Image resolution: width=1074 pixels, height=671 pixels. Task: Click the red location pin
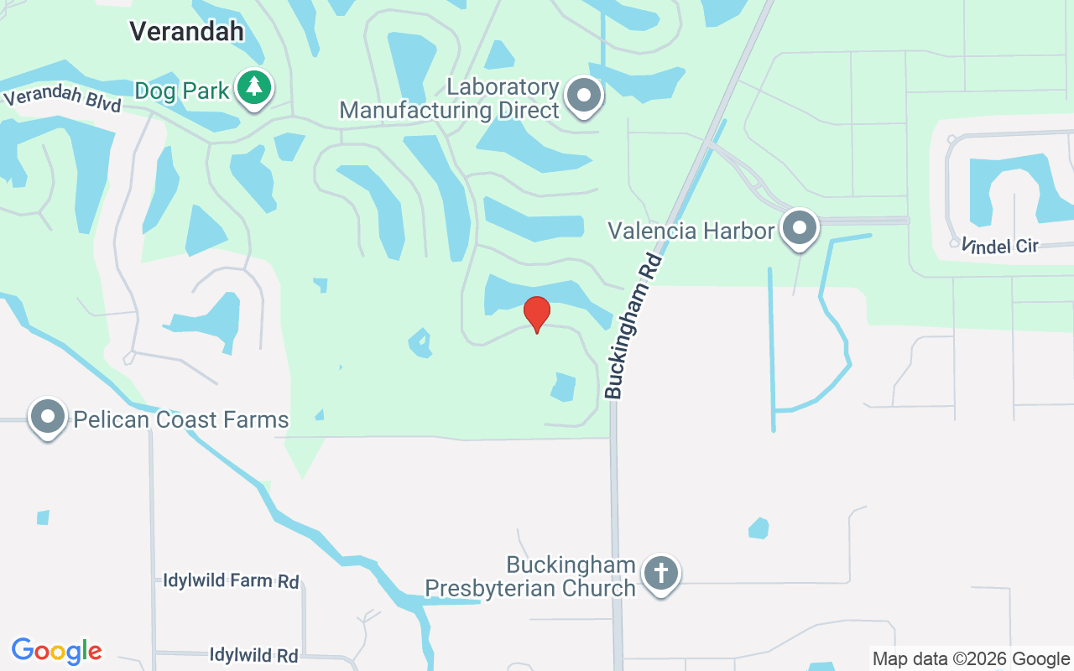537,314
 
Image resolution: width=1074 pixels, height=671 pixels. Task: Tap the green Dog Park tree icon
253,87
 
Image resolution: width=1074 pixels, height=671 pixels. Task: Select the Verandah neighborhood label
186,32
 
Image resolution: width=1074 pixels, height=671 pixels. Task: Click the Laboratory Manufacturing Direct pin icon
584,96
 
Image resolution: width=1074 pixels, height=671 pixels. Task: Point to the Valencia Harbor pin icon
800,227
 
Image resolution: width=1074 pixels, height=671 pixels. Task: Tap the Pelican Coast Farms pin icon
48,416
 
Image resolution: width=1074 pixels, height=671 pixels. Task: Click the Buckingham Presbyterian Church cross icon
661,574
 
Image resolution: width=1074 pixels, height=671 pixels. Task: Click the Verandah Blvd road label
63,97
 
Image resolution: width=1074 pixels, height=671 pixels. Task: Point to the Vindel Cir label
1000,246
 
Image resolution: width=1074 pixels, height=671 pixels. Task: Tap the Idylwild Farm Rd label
231,581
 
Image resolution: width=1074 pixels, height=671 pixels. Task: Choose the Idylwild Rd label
253,655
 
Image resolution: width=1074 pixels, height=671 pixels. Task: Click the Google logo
57,651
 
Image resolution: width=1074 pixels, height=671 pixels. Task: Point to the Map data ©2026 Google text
971,659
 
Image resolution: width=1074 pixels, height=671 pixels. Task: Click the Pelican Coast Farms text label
181,419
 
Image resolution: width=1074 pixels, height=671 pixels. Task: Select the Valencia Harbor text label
691,230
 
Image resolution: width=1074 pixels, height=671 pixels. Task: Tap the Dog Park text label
182,91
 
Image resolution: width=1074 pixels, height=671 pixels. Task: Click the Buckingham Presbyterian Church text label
530,577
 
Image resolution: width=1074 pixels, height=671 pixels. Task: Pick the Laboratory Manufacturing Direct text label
450,99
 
